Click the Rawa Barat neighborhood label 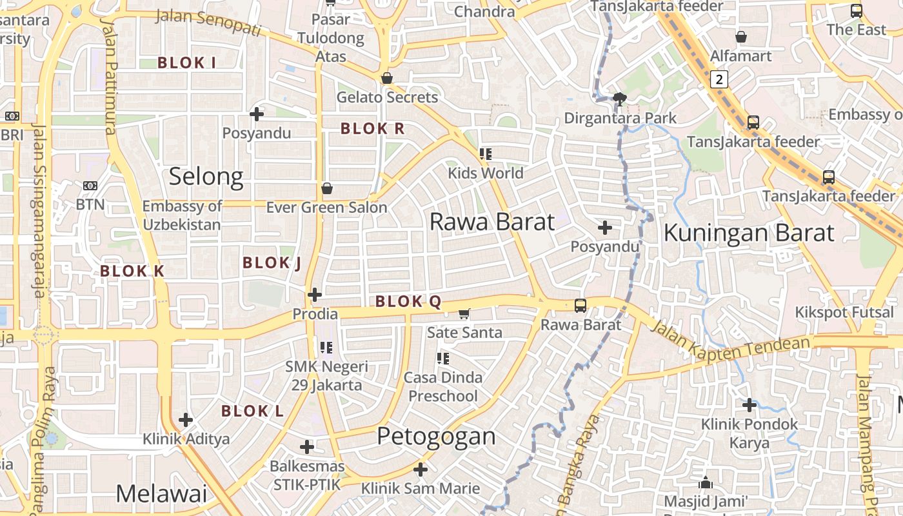(491, 222)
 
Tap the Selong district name (206, 177)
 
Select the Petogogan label (436, 437)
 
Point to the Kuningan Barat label (749, 233)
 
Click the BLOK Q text (408, 301)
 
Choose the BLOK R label (372, 128)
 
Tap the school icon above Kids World (486, 154)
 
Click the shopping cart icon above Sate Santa (464, 314)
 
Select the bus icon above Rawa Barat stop (580, 306)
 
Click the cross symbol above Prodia (315, 295)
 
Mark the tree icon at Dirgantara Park (620, 99)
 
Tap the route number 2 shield (719, 79)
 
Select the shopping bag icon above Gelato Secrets (387, 79)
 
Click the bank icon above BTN (90, 186)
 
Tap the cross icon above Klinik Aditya (186, 420)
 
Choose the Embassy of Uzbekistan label (182, 215)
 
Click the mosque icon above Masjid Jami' (706, 482)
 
